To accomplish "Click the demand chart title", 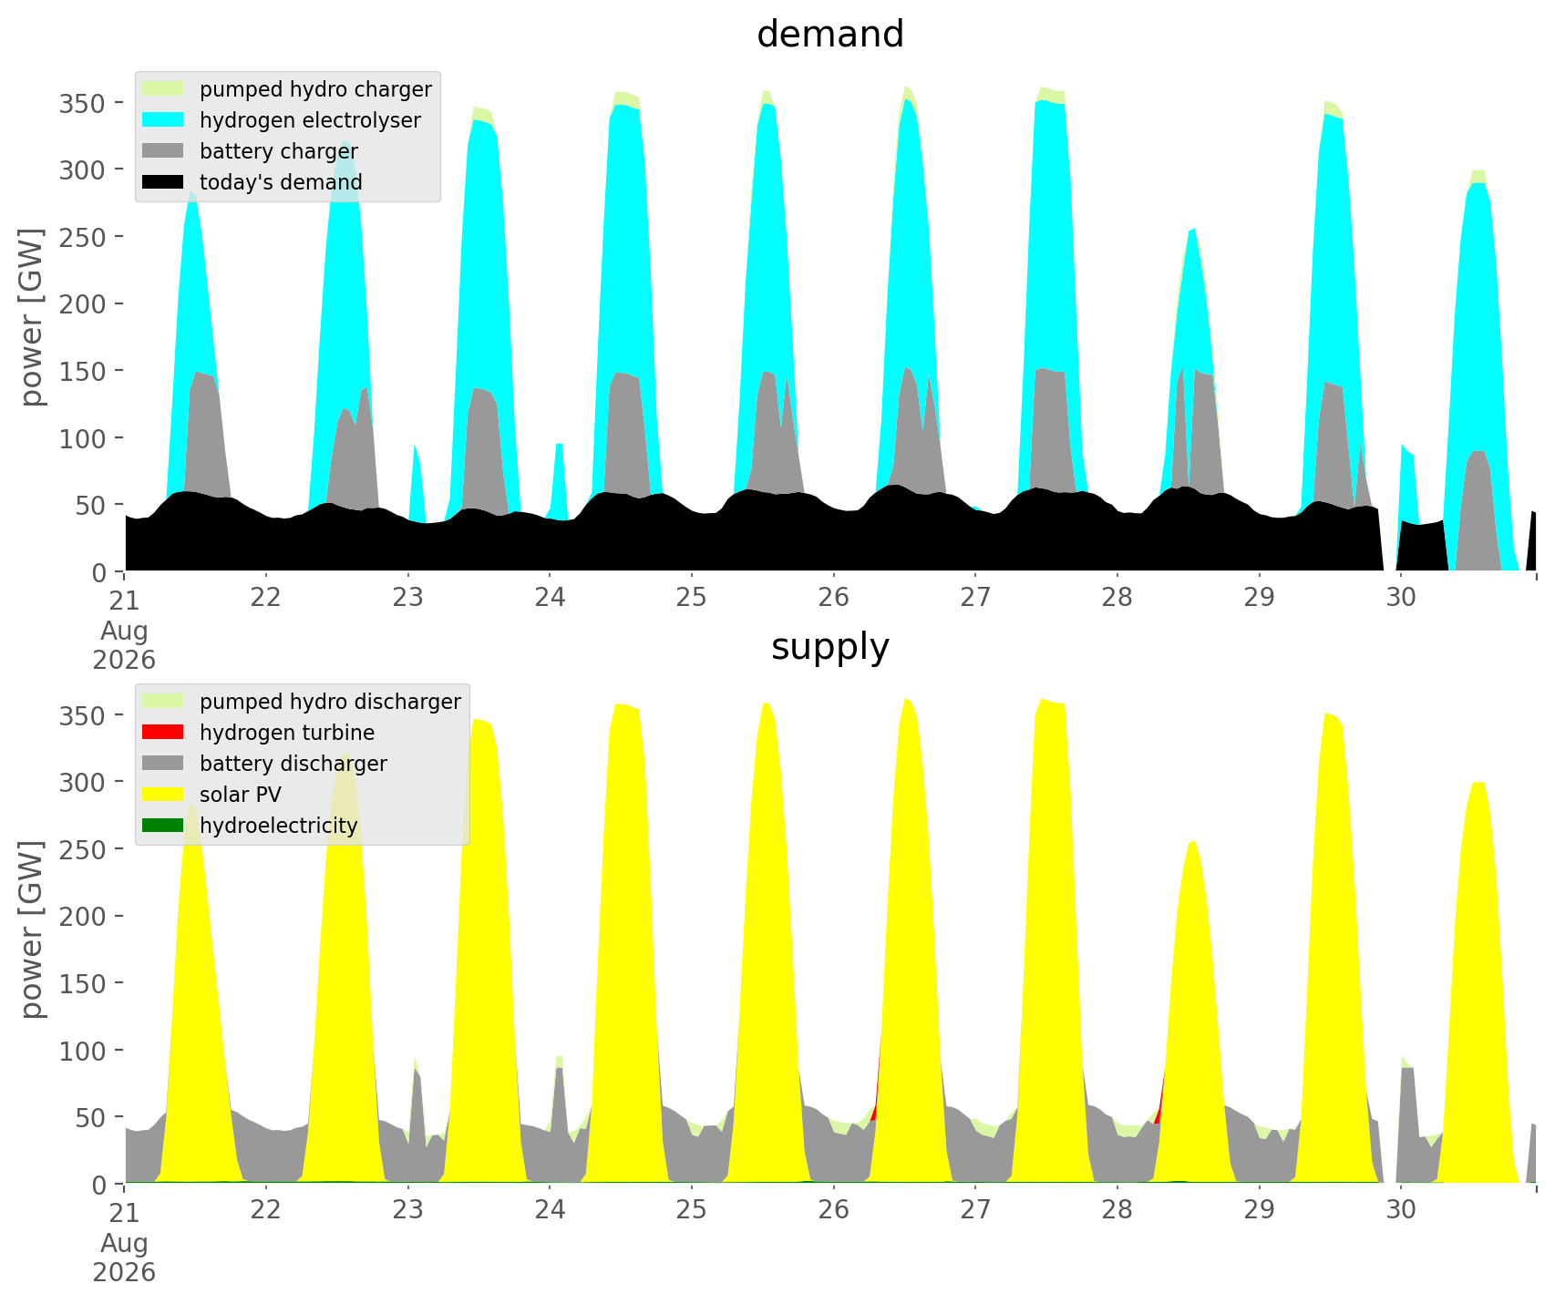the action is (x=830, y=35).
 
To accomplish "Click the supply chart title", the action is (x=830, y=647).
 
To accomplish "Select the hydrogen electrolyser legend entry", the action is (x=283, y=120).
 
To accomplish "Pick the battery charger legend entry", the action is (x=251, y=151).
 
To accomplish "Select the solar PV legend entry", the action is (x=212, y=795).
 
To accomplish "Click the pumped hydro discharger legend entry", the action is (x=302, y=702).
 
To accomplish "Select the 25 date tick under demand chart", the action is (x=692, y=597).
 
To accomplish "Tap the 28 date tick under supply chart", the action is (x=1117, y=1209).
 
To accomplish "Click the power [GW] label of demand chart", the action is (x=33, y=318).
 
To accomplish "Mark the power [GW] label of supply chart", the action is (x=33, y=930).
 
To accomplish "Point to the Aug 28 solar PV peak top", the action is (x=1193, y=841).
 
